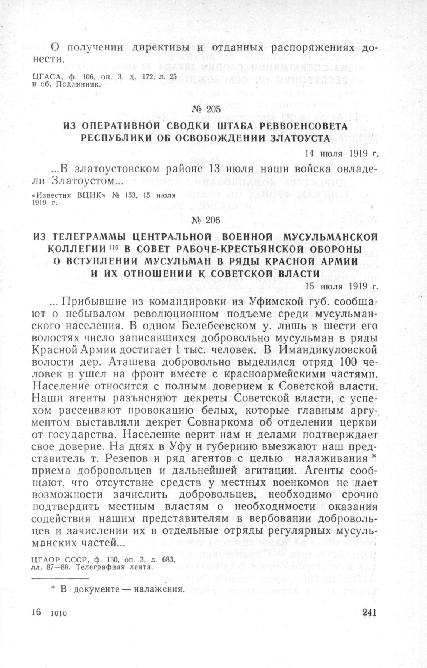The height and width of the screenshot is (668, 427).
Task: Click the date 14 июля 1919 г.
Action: (x=342, y=153)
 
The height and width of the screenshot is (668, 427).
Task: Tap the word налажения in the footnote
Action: (x=158, y=589)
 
